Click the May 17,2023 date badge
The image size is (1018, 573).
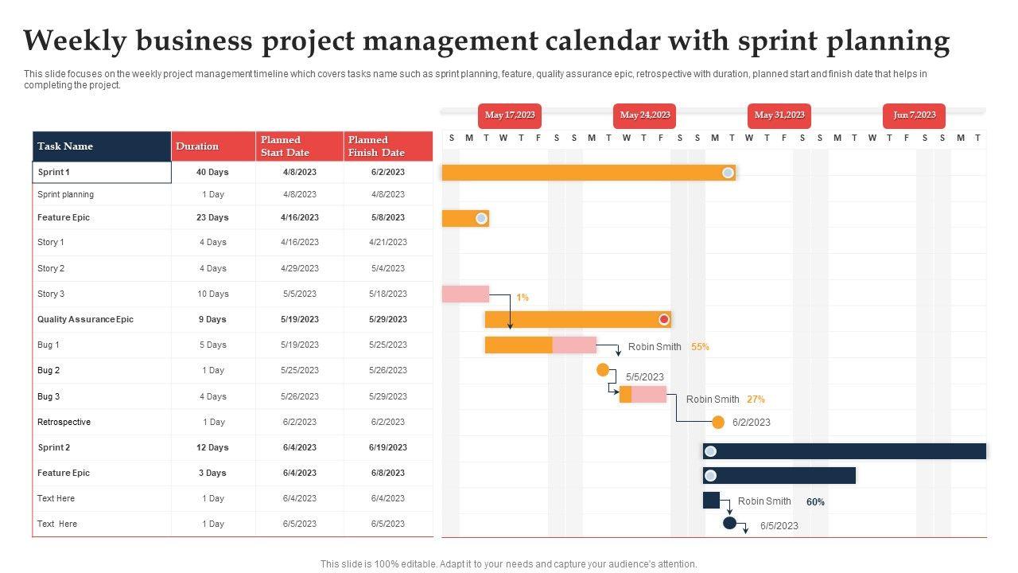tap(510, 115)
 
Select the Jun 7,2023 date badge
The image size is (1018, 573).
tap(914, 115)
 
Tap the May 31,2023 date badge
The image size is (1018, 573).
tap(779, 115)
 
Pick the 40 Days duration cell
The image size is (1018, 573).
tap(212, 172)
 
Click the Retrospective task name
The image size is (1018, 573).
tap(64, 422)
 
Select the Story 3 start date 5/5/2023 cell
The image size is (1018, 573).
tap(299, 294)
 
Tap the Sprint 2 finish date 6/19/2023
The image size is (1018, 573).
tap(387, 447)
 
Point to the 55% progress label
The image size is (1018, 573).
tap(700, 347)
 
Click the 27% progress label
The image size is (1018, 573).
tap(756, 400)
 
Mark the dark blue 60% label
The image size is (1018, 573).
tap(815, 502)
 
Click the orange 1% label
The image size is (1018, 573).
tap(523, 298)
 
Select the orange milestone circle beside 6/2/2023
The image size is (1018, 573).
tap(718, 422)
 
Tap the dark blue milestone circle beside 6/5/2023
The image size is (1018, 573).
tap(729, 523)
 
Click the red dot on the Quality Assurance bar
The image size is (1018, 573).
tap(664, 320)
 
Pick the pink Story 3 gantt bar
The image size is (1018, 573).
tap(465, 294)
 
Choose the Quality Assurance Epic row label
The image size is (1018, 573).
tap(85, 319)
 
